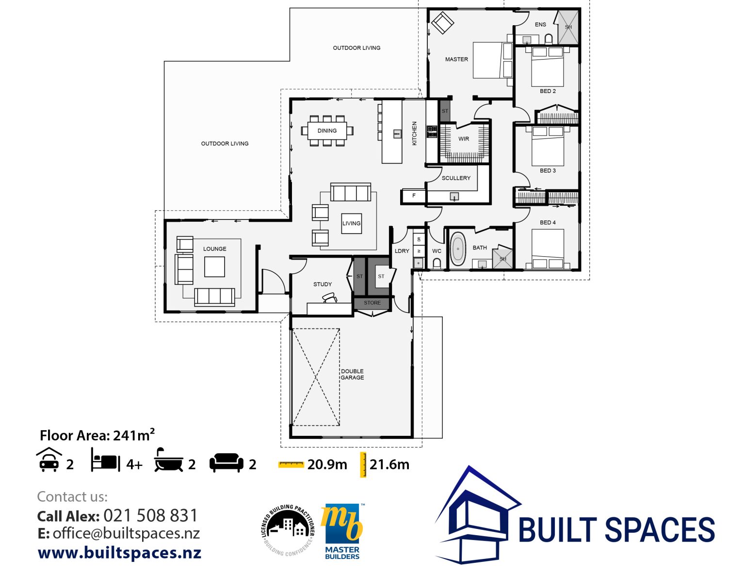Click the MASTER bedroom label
click(x=456, y=59)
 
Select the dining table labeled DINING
click(x=327, y=131)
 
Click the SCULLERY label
click(x=456, y=178)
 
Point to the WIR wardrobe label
click(x=464, y=139)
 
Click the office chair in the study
click(x=330, y=298)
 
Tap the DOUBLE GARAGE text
click(x=352, y=374)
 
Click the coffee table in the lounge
click(x=214, y=266)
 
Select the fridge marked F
click(x=414, y=196)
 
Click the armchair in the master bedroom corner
click(x=442, y=23)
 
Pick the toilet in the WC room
click(x=437, y=263)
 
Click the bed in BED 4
click(x=548, y=247)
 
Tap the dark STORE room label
click(x=372, y=303)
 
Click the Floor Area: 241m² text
click(x=97, y=435)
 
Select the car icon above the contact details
click(x=49, y=460)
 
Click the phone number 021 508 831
click(x=150, y=515)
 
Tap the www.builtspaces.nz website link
click(x=119, y=553)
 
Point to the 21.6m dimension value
click(x=389, y=464)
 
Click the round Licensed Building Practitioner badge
click(x=288, y=530)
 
